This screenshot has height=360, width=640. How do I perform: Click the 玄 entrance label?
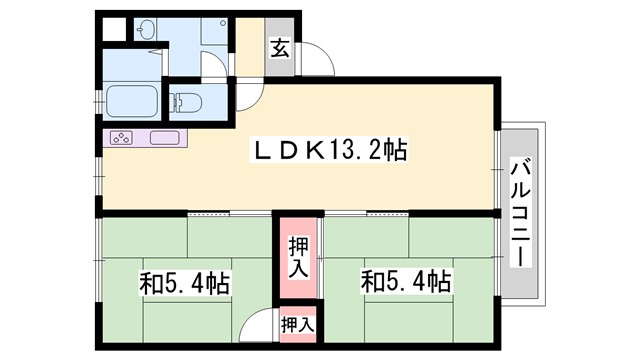coord(280,47)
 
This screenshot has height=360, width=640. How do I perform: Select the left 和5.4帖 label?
coord(184,282)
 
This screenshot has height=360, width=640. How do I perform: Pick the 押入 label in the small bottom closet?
coord(297,324)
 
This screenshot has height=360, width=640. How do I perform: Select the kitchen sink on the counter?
coord(164,138)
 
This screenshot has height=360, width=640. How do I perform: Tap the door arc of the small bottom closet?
coord(262,325)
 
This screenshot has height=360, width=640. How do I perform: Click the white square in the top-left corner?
coord(113,29)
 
